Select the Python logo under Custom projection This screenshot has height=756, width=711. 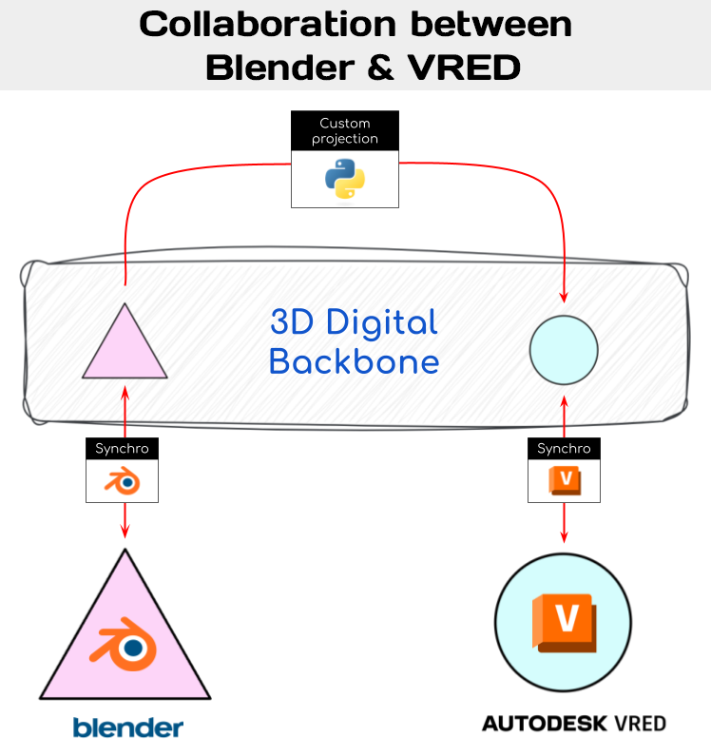(x=345, y=179)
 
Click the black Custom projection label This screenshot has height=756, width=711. (x=345, y=131)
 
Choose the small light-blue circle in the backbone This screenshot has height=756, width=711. (x=564, y=350)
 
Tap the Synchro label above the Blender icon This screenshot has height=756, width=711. (x=122, y=448)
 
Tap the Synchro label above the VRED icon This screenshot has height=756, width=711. (x=564, y=448)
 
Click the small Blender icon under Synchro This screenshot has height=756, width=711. (x=122, y=482)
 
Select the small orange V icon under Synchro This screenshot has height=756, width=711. (x=565, y=481)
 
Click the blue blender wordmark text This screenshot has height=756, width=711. (x=127, y=728)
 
